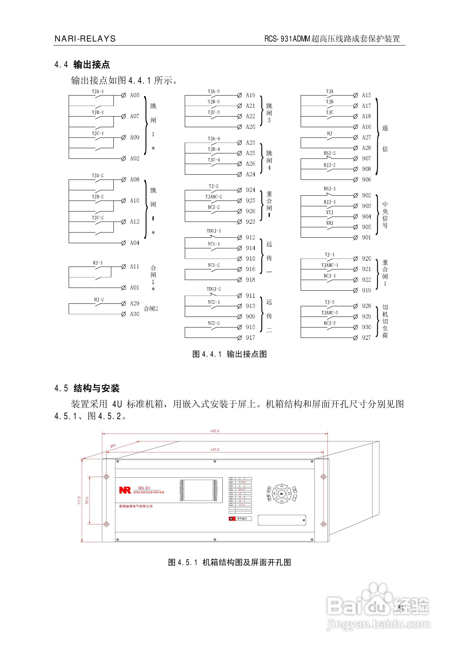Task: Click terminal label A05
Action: click(135, 95)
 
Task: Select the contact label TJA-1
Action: click(98, 91)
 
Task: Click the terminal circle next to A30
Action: click(123, 314)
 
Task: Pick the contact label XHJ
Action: click(329, 223)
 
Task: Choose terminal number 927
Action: click(366, 338)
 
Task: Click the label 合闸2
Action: click(151, 309)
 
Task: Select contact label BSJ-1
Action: click(329, 188)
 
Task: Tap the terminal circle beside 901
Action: click(355, 238)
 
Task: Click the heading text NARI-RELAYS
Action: click(85, 39)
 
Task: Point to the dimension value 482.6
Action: click(214, 431)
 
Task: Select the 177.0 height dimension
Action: click(79, 500)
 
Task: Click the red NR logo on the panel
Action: click(125, 490)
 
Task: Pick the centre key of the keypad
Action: click(282, 494)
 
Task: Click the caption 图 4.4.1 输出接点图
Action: click(229, 354)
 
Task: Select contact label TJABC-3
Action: click(329, 312)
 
